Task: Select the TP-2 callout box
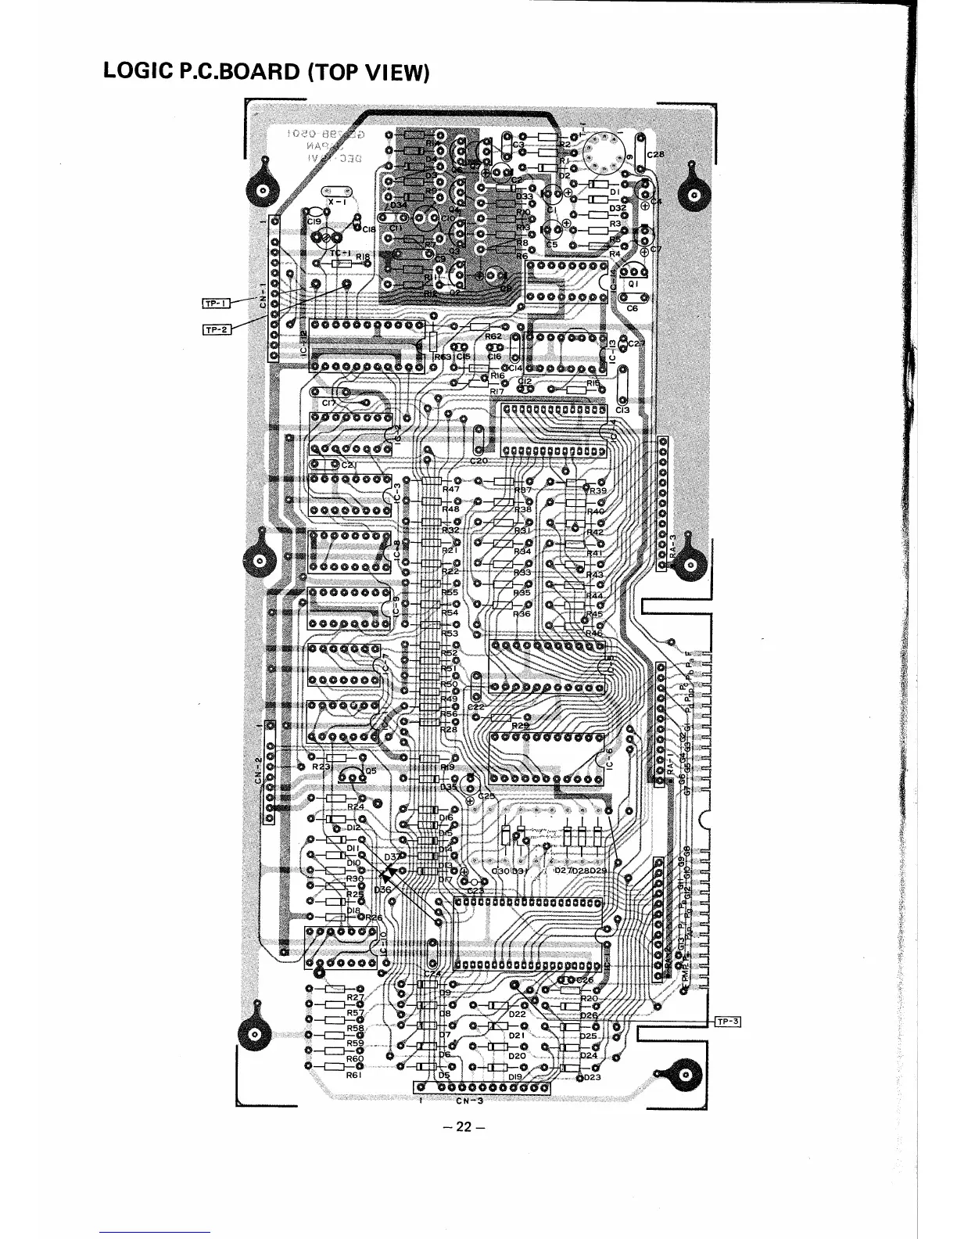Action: (216, 329)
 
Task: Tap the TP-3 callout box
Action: (726, 1020)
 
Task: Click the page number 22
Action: (464, 1127)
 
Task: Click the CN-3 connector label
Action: (470, 1103)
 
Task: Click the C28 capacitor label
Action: (654, 155)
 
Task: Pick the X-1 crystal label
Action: (336, 201)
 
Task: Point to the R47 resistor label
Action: (451, 490)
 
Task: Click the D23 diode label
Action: (592, 1077)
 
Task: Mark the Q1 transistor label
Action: (634, 285)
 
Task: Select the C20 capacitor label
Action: (478, 460)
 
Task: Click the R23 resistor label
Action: (321, 767)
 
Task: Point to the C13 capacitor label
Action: (622, 408)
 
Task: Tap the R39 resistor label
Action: (598, 490)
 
